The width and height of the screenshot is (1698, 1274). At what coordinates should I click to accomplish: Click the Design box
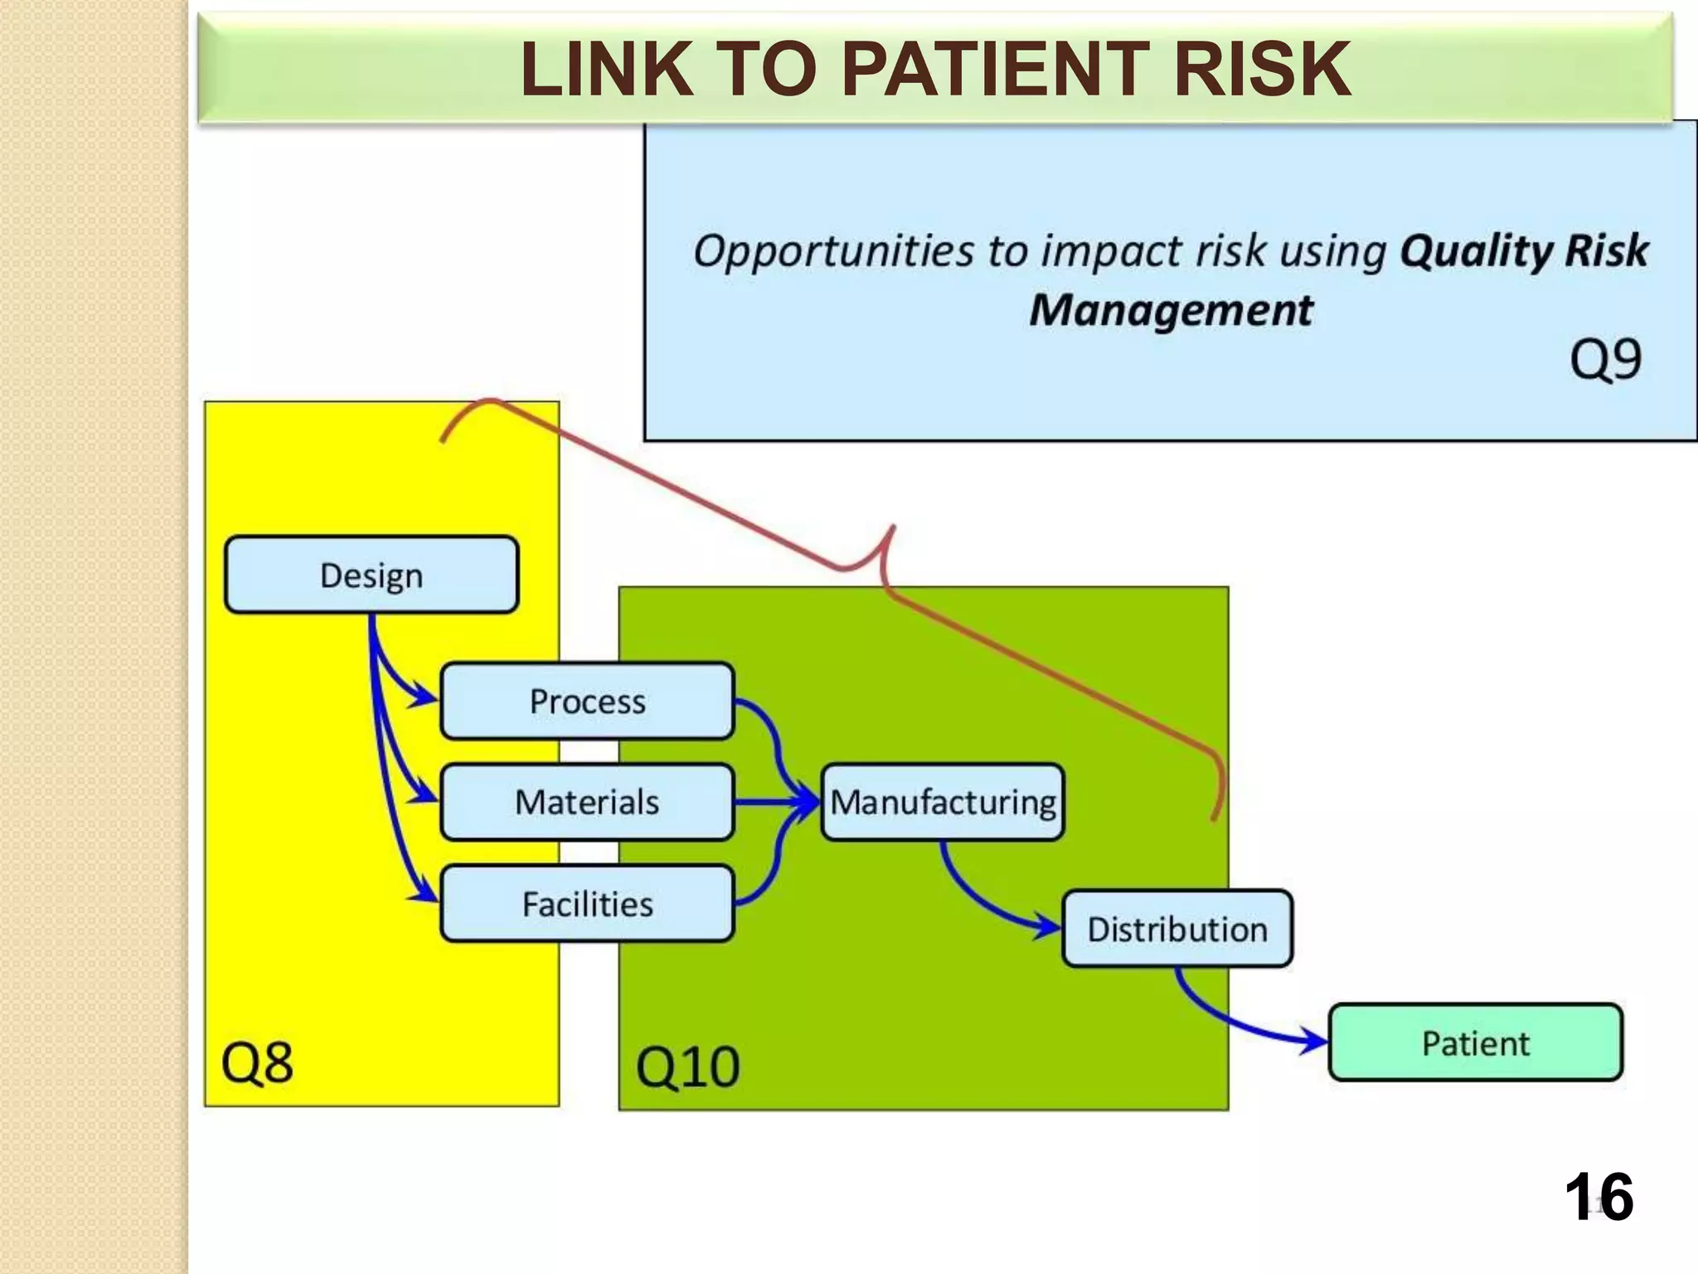pyautogui.click(x=371, y=575)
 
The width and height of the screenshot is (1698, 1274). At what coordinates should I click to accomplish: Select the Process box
pyautogui.click(x=587, y=701)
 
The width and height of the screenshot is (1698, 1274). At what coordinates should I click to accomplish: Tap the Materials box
pyautogui.click(x=587, y=802)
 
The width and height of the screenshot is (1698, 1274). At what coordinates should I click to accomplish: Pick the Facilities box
pyautogui.click(x=587, y=903)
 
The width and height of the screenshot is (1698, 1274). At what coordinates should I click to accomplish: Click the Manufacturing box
pyautogui.click(x=943, y=802)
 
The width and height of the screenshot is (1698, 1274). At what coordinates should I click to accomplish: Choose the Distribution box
pyautogui.click(x=1176, y=929)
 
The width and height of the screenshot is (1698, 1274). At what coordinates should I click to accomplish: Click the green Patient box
pyautogui.click(x=1475, y=1043)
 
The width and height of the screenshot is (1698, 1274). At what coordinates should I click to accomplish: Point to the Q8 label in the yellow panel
pyautogui.click(x=257, y=1062)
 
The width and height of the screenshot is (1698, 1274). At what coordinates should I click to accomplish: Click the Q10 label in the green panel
pyautogui.click(x=687, y=1067)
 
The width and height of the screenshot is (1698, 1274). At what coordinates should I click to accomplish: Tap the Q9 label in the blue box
pyautogui.click(x=1605, y=359)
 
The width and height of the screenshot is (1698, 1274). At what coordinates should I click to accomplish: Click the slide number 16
pyautogui.click(x=1599, y=1197)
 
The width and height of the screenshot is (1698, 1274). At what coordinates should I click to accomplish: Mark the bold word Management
pyautogui.click(x=1171, y=310)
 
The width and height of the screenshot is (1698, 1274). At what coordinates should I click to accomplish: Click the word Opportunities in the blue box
pyautogui.click(x=833, y=250)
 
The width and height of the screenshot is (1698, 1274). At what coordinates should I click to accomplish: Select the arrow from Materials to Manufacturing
pyautogui.click(x=775, y=802)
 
